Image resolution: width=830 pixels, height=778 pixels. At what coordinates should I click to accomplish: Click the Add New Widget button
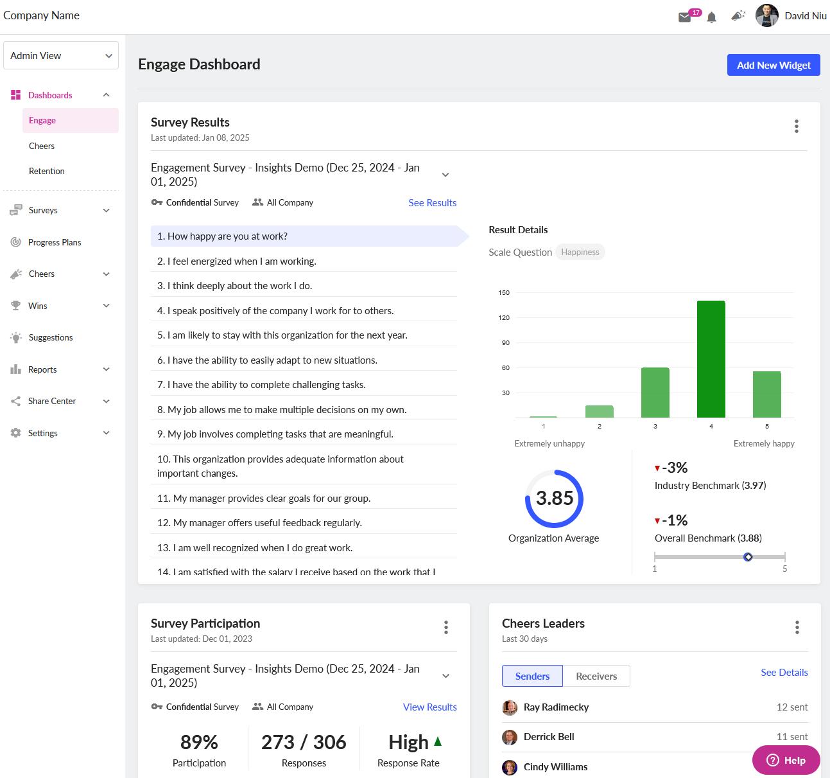(x=773, y=65)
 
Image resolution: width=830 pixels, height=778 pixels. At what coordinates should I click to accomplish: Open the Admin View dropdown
(x=61, y=56)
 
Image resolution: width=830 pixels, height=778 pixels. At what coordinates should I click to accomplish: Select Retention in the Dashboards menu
(x=47, y=171)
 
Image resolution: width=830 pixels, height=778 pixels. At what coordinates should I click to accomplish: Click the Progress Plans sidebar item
(x=55, y=242)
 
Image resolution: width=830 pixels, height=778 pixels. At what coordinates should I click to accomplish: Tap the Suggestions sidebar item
(x=51, y=337)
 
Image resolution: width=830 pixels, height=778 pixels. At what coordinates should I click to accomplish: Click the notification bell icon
(x=711, y=17)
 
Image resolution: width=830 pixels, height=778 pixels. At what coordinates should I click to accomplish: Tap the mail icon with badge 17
(x=685, y=17)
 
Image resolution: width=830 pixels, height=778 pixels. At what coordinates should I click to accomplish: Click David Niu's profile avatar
(x=766, y=15)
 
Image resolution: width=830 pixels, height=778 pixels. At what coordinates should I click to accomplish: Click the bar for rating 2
(x=599, y=411)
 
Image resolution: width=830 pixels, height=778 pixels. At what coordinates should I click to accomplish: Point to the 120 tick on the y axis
(x=504, y=317)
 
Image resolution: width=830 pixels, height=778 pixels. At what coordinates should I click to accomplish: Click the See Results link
(x=432, y=202)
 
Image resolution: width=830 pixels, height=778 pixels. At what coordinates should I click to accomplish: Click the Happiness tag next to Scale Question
(x=580, y=252)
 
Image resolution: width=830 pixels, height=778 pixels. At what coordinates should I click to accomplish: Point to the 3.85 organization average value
(x=554, y=498)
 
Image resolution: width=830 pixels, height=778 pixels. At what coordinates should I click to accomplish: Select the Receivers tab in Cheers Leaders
(x=596, y=676)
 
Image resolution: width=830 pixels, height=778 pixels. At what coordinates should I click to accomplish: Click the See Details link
(x=784, y=672)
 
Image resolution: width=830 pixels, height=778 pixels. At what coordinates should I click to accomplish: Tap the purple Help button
(x=786, y=760)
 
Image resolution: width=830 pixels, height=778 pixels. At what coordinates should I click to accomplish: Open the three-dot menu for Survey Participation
(x=445, y=628)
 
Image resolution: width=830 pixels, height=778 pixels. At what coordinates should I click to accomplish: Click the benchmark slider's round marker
(x=748, y=557)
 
